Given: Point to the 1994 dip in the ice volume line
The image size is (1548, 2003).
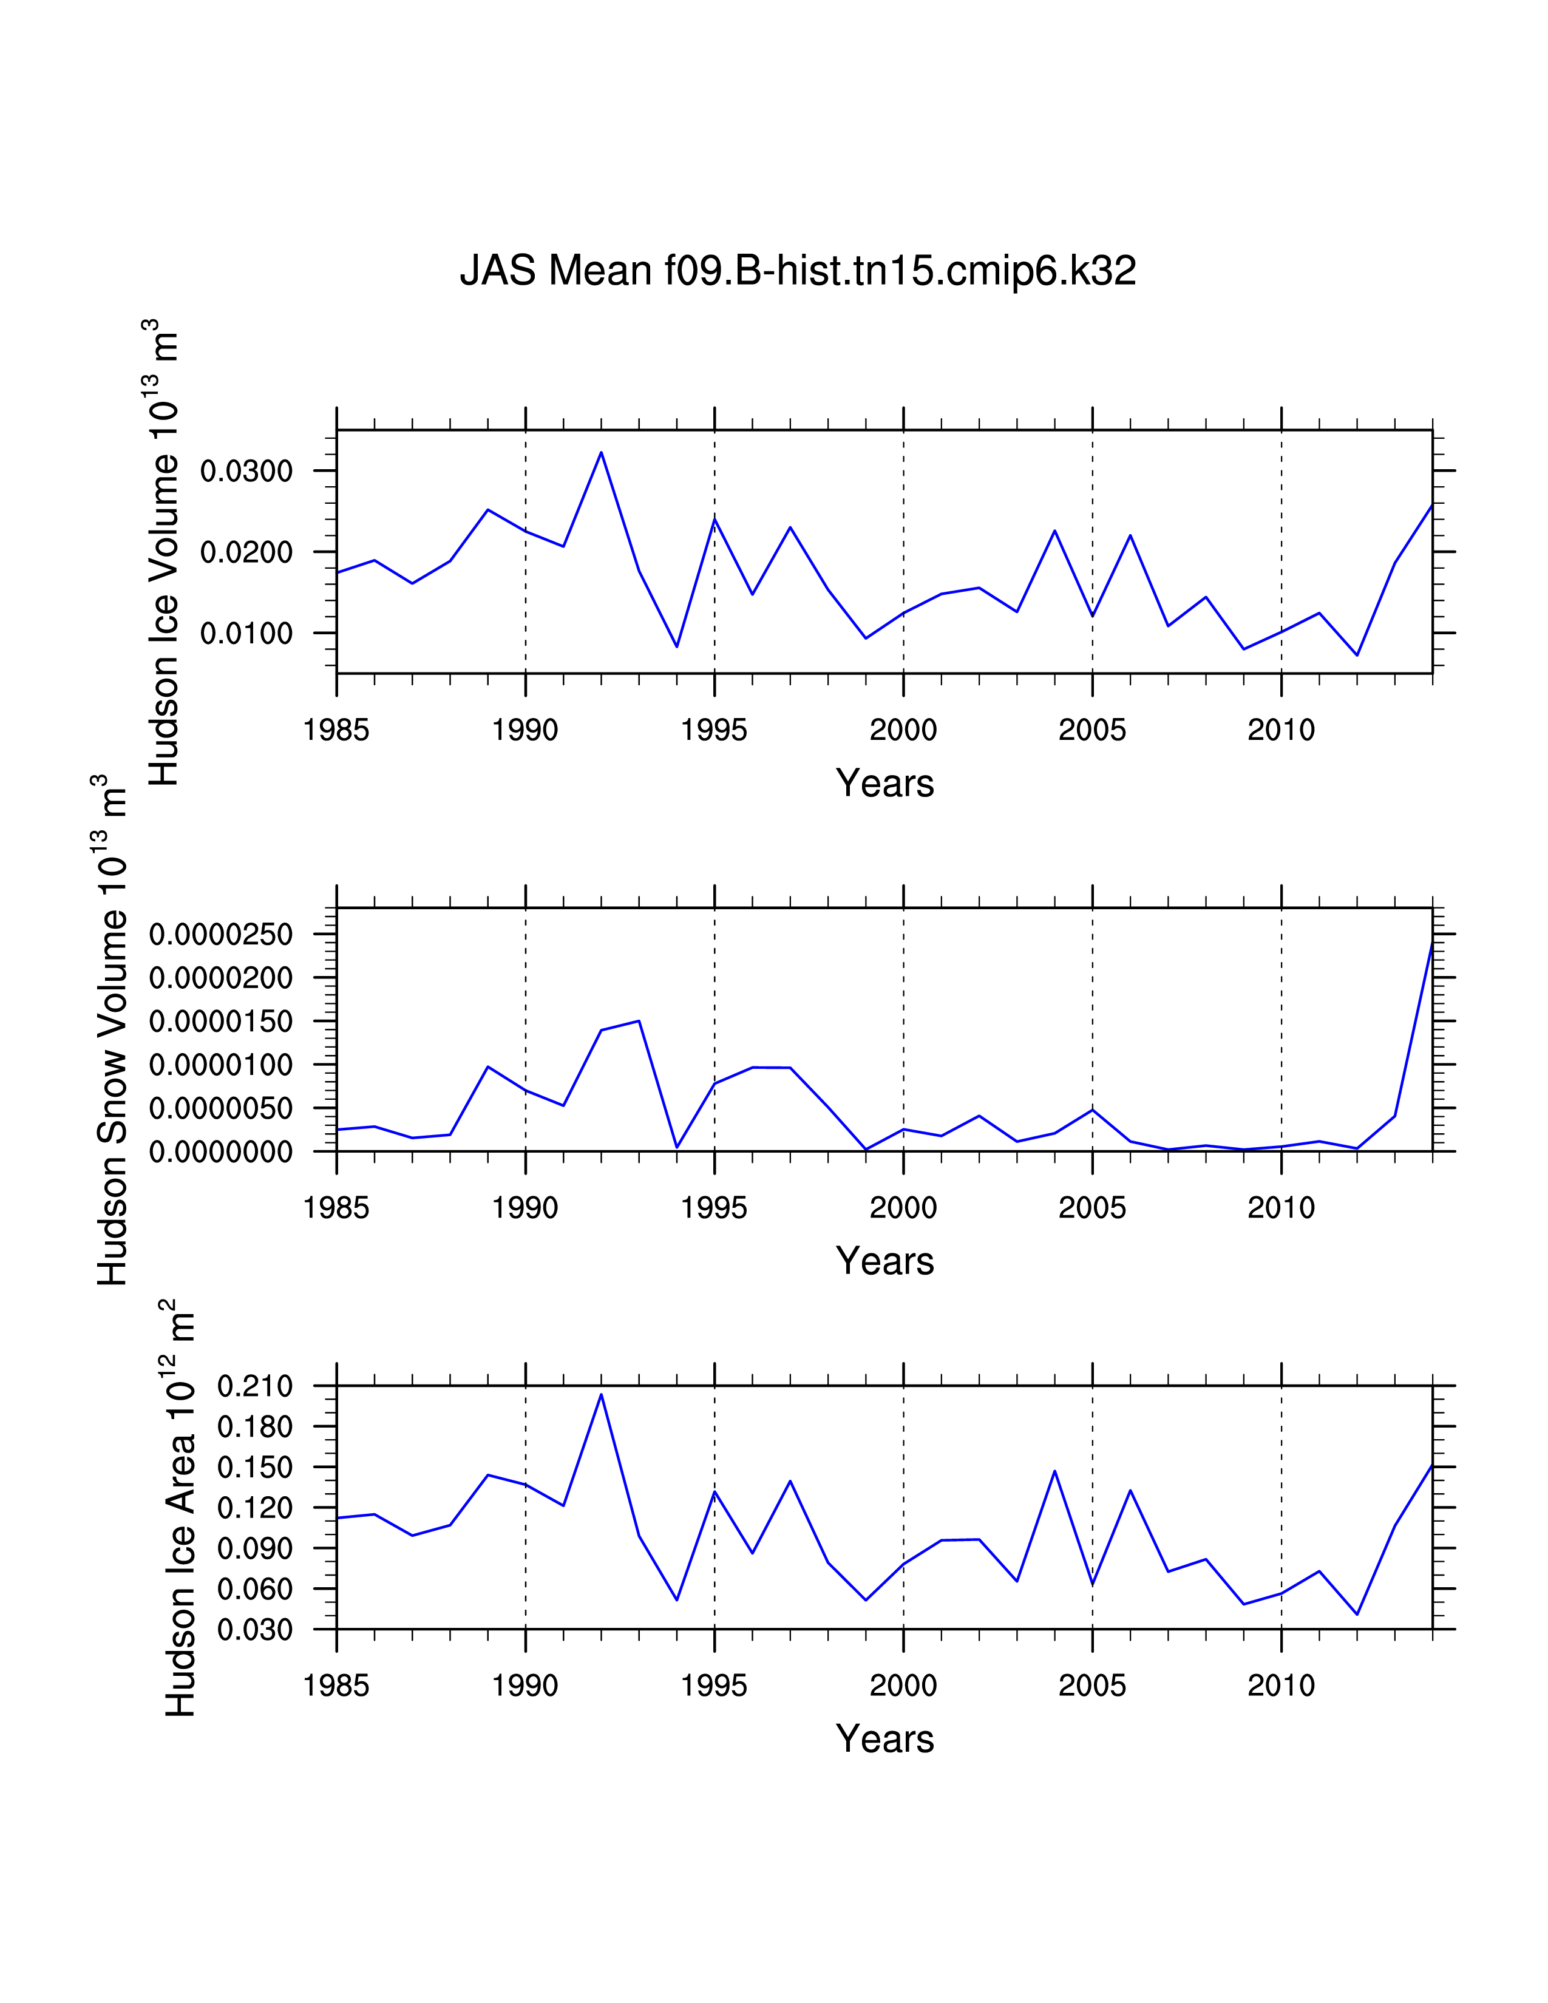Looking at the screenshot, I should (x=677, y=646).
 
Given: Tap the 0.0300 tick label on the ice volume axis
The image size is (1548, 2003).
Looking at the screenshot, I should (x=246, y=472).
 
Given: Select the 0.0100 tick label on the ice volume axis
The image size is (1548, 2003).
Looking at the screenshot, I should (x=246, y=634).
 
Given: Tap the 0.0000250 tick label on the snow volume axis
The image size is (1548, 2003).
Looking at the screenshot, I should (x=220, y=935).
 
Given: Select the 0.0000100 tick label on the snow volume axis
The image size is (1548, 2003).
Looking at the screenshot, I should (x=220, y=1065).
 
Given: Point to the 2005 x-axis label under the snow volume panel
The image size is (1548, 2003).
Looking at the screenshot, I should (x=1091, y=1208).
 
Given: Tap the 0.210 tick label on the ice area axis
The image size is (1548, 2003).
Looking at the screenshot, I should (x=254, y=1387).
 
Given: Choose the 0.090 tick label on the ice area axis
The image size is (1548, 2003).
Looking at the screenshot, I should (x=254, y=1549).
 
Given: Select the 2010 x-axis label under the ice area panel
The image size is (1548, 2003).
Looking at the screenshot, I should (x=1280, y=1686).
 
